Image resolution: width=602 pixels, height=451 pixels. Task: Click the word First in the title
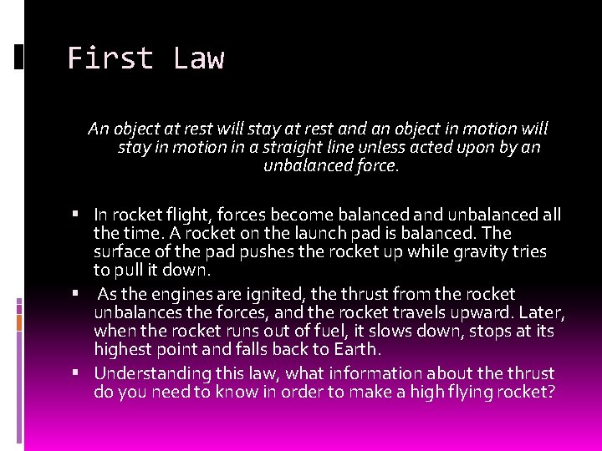[110, 59]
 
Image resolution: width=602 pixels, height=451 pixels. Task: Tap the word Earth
[359, 349]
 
